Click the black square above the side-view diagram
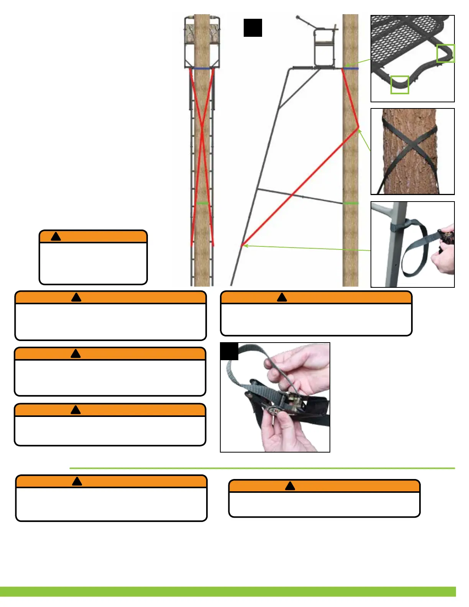pyautogui.click(x=253, y=28)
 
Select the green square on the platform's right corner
pyautogui.click(x=445, y=53)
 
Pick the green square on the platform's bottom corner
pyautogui.click(x=400, y=85)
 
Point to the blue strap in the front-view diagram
pyautogui.click(x=202, y=69)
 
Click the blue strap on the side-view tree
pyautogui.click(x=351, y=69)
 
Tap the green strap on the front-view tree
pyautogui.click(x=202, y=203)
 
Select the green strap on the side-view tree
pyautogui.click(x=351, y=203)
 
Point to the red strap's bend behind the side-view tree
pyautogui.click(x=358, y=127)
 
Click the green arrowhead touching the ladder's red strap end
pyautogui.click(x=246, y=245)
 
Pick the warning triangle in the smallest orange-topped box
pyautogui.click(x=56, y=236)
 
